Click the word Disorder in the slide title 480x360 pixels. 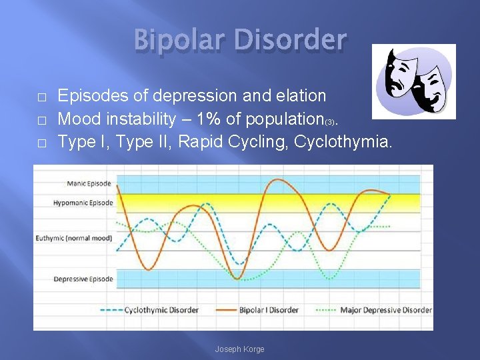click(x=291, y=41)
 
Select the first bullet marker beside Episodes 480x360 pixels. click(x=41, y=97)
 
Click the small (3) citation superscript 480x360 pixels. click(x=330, y=123)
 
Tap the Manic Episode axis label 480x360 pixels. click(x=90, y=183)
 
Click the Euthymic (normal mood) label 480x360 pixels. click(x=74, y=238)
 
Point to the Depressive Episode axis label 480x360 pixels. click(x=83, y=279)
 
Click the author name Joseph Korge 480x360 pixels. click(x=239, y=349)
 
